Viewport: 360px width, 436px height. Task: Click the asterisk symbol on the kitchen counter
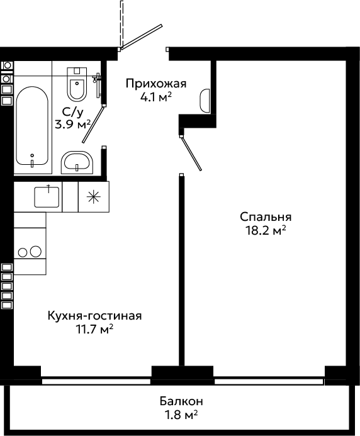94,197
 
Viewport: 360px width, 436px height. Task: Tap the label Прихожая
156,84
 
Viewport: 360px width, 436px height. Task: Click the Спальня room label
266,217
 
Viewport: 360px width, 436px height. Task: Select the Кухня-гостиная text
95,316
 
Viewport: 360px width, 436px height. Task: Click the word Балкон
181,401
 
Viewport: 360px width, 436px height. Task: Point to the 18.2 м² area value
266,230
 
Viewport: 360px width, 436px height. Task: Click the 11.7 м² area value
94,330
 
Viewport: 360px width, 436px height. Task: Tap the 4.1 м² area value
156,97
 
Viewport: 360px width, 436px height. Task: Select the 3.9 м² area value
73,125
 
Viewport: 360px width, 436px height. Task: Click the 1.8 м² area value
181,415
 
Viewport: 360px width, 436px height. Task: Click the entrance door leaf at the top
142,36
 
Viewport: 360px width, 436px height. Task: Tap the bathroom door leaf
94,124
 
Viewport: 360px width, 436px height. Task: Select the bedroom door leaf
191,154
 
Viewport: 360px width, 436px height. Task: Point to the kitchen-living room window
96,381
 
